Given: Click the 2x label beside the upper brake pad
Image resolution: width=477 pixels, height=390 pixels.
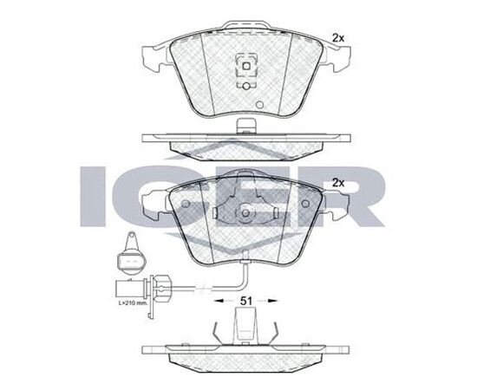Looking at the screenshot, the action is click(338, 38).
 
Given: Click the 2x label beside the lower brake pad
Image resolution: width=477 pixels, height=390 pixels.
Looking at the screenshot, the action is click(338, 183).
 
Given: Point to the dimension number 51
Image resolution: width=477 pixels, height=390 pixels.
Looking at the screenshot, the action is click(246, 301).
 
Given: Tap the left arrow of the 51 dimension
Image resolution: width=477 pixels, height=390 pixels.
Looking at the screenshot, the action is click(222, 301).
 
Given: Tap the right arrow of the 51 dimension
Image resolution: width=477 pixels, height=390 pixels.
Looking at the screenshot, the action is click(270, 301).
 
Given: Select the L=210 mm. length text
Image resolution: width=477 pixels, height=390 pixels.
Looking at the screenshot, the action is click(133, 303).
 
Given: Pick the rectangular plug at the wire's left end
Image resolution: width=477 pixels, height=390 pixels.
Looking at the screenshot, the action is click(131, 289).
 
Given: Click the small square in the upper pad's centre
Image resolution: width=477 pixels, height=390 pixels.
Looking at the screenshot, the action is click(246, 66).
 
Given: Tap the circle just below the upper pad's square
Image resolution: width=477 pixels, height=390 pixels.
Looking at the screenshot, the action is click(246, 87).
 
